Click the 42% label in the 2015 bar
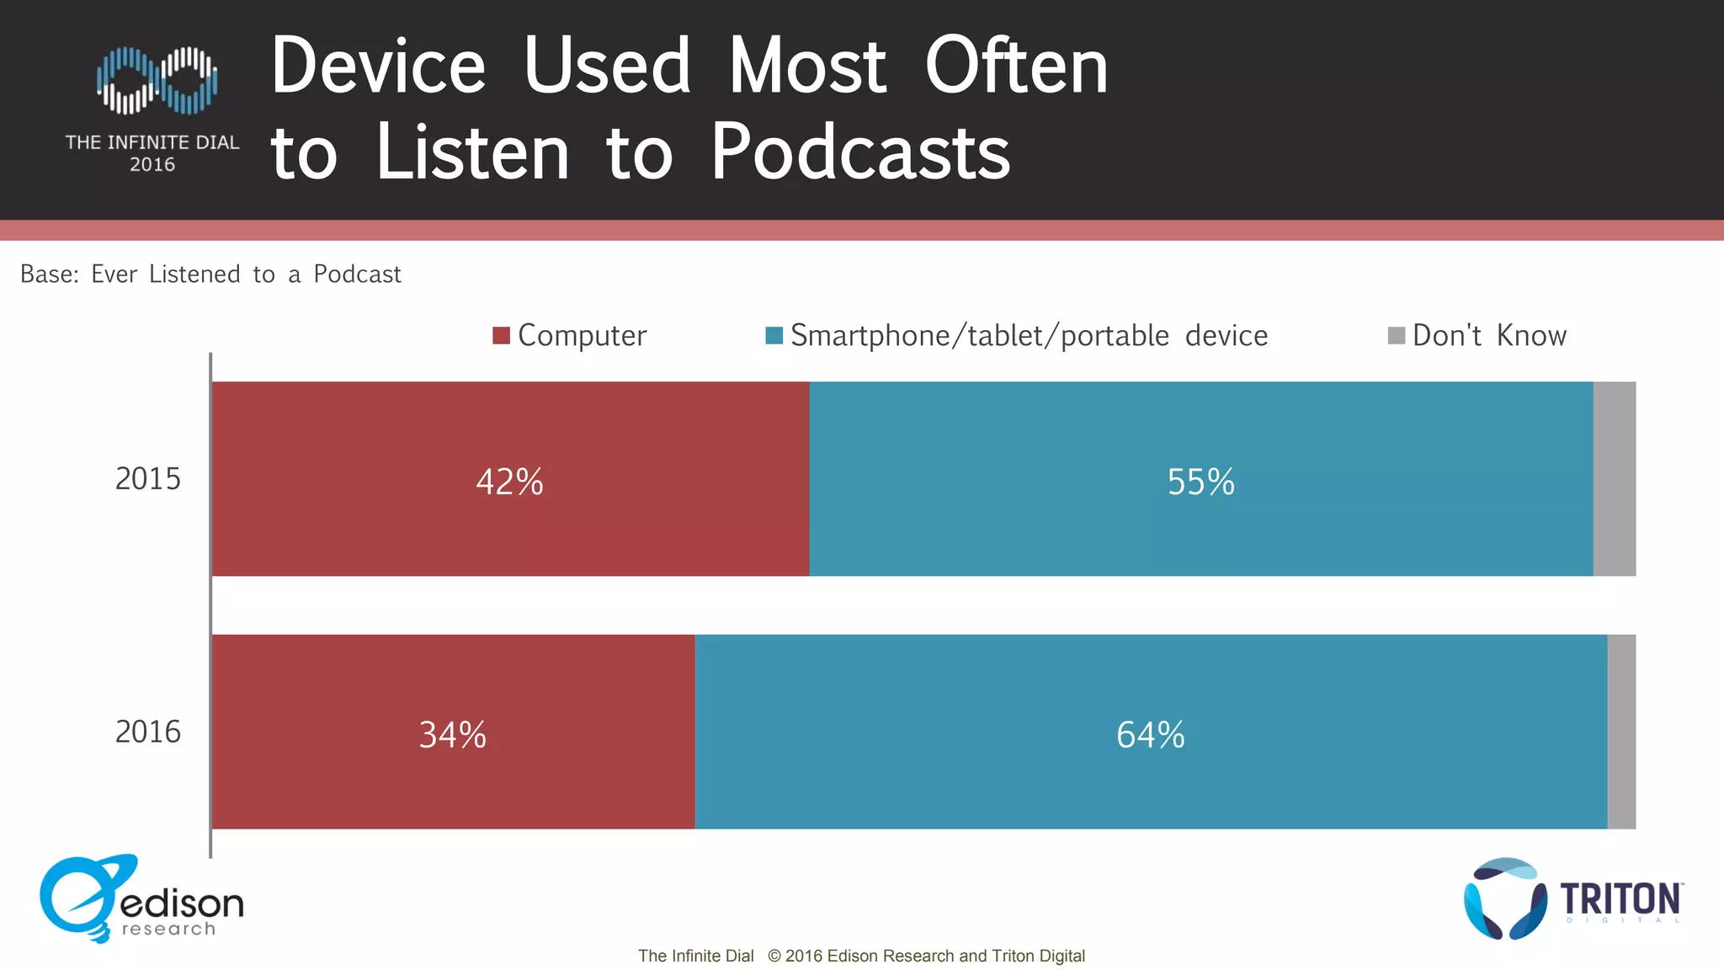[x=509, y=482]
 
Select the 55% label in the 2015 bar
[x=1200, y=482]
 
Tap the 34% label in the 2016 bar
[x=453, y=734]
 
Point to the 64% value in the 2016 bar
[x=1150, y=734]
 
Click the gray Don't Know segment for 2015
[x=1615, y=479]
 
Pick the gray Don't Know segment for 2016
[x=1621, y=732]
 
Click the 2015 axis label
[x=147, y=479]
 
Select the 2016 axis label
[x=147, y=732]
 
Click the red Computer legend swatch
[x=501, y=336]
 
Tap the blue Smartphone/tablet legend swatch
[x=774, y=336]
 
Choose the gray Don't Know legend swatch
[x=1396, y=336]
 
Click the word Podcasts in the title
[x=860, y=152]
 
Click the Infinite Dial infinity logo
[x=157, y=81]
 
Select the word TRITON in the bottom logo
[x=1620, y=899]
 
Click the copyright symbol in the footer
[x=774, y=956]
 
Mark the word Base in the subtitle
[x=48, y=274]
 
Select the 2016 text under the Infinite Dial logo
[x=152, y=165]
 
